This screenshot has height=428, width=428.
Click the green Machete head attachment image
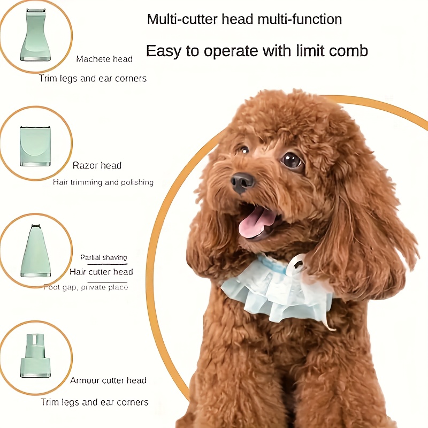tap(35, 35)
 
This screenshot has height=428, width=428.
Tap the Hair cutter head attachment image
tap(35, 251)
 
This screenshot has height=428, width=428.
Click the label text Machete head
tap(104, 59)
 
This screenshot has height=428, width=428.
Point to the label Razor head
tap(97, 165)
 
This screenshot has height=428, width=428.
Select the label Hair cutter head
tap(101, 272)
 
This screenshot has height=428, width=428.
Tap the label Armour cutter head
tap(108, 380)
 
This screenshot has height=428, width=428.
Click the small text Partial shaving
tap(104, 257)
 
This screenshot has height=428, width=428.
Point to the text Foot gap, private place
tap(86, 287)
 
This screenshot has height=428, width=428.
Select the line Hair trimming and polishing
tap(103, 182)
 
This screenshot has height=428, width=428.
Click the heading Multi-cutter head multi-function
tap(244, 20)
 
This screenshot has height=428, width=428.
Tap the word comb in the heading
tap(348, 51)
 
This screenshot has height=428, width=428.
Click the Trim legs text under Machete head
tap(93, 79)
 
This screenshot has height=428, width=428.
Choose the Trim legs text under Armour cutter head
tap(95, 402)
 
